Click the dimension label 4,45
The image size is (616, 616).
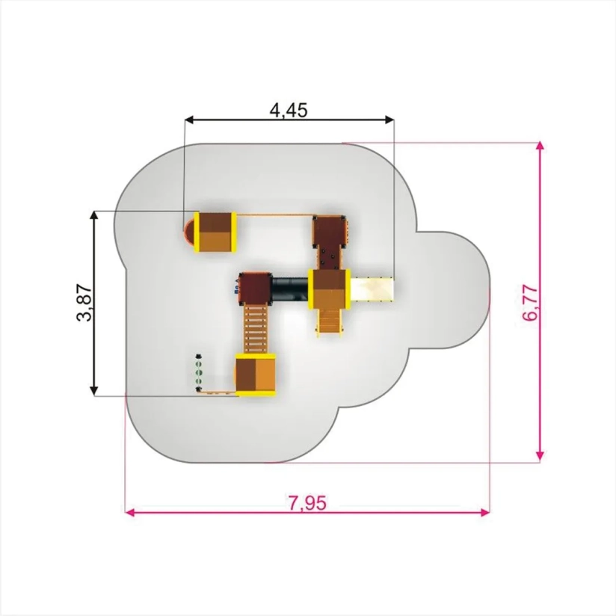[289, 111]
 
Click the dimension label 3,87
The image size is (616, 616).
[85, 303]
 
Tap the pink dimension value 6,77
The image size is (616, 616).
[531, 303]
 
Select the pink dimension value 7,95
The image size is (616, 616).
[307, 503]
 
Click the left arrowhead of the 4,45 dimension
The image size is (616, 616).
[189, 120]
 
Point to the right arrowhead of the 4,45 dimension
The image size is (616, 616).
[389, 120]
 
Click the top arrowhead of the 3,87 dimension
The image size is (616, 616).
[94, 216]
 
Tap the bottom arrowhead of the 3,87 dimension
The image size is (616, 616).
[94, 391]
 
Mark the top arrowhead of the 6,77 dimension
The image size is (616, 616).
[540, 147]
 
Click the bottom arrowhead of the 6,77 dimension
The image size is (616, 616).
[540, 456]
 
